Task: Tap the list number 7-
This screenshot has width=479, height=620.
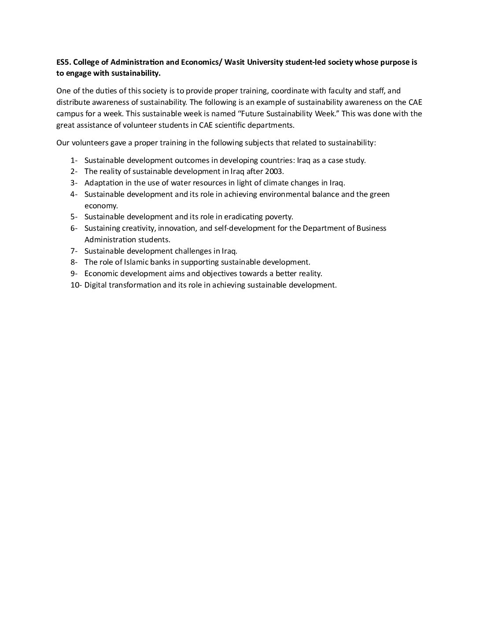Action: (74, 251)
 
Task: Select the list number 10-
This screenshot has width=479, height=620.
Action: (76, 285)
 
